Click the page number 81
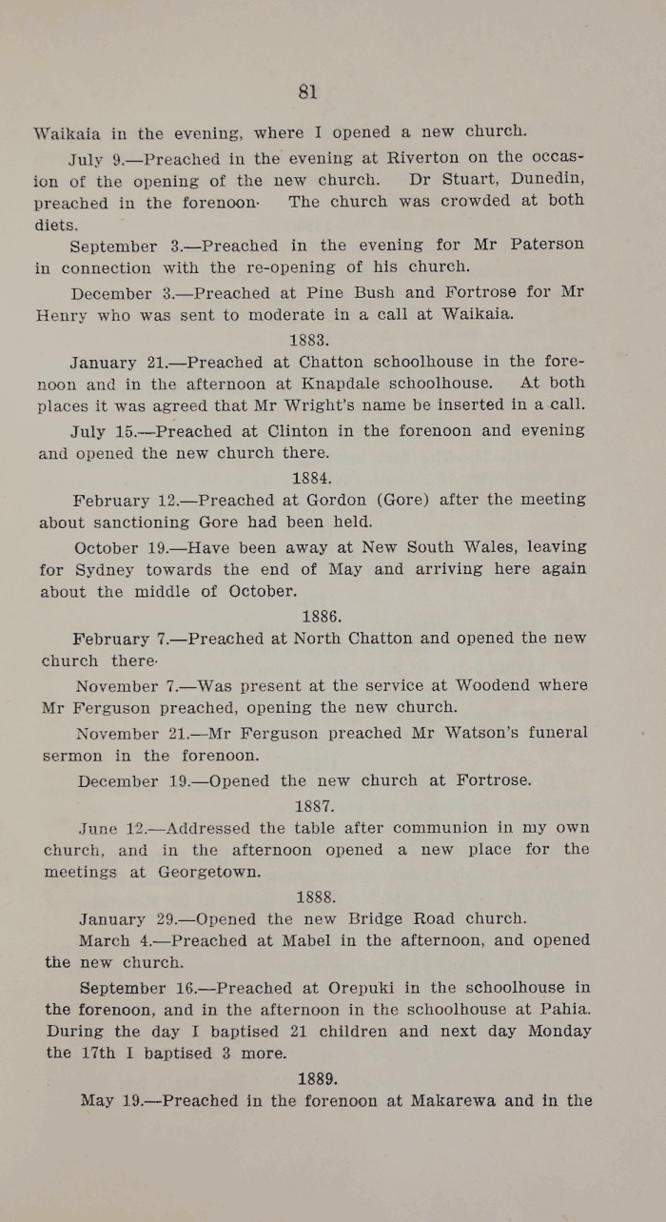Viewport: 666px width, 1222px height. coord(307,91)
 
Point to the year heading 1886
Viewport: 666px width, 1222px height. coord(321,616)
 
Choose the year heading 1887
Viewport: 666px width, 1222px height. coord(314,804)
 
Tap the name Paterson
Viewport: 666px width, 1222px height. coord(547,245)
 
